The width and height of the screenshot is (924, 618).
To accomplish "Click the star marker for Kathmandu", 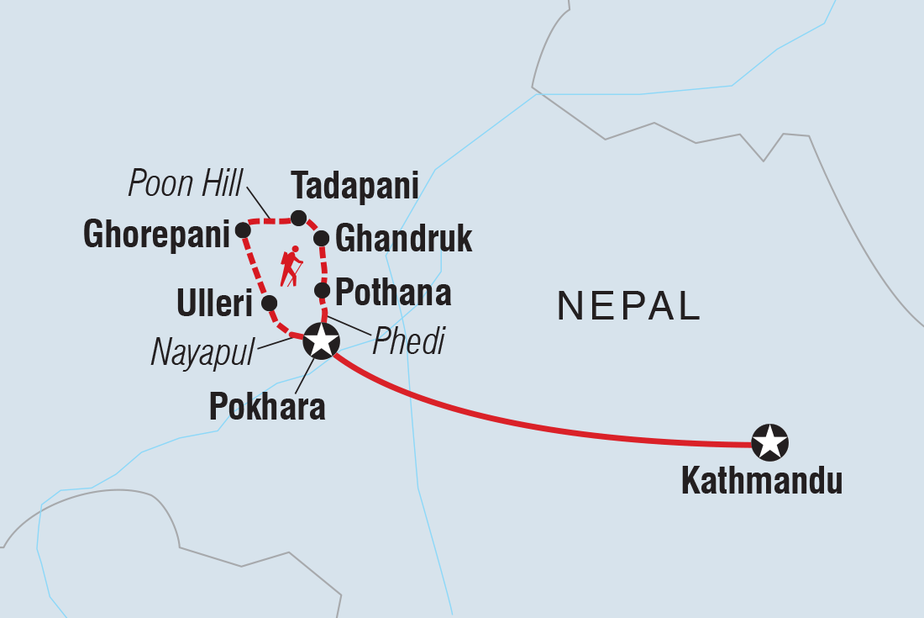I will (769, 442).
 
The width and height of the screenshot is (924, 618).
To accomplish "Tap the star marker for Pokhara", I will (321, 341).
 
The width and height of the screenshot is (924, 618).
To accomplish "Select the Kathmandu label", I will (761, 483).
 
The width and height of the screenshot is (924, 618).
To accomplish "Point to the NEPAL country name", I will (629, 307).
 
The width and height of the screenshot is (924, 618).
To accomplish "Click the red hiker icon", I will (291, 267).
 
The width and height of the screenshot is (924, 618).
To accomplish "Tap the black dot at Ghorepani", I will (243, 230).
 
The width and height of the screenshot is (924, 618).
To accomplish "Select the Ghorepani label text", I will (156, 235).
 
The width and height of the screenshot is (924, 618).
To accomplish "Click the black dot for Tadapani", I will (298, 219).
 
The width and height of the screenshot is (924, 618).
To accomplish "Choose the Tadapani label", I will (354, 185).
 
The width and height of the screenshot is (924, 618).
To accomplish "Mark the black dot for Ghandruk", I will (321, 239).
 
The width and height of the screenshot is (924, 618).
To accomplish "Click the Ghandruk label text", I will (403, 239).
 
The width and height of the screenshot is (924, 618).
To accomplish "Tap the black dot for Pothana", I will (321, 290).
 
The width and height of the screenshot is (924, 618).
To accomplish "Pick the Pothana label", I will (393, 293).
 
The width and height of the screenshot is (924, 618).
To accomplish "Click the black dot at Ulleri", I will (269, 303).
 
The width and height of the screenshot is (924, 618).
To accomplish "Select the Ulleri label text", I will (215, 304).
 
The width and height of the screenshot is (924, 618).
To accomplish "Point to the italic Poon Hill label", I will (185, 183).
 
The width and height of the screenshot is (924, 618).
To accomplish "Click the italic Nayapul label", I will (202, 353).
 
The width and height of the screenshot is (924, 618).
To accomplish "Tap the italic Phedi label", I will (408, 342).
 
